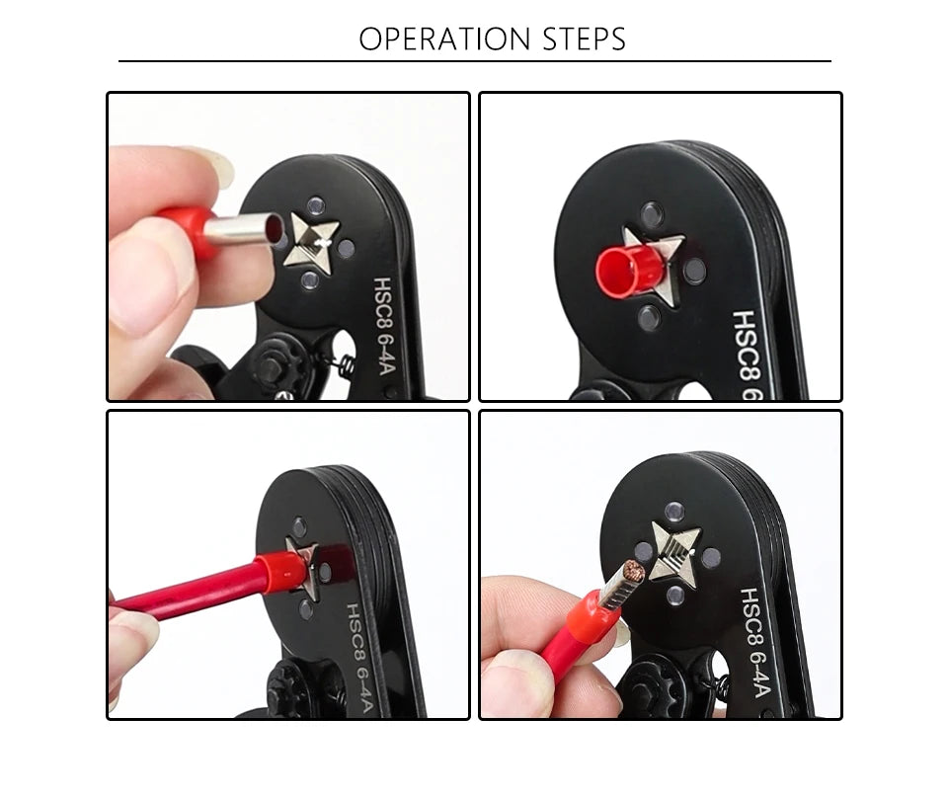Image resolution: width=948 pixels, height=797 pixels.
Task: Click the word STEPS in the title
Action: click(585, 40)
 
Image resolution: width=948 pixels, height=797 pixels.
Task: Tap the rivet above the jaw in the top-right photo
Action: click(652, 213)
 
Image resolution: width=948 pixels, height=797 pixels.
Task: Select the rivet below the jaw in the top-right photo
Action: click(649, 317)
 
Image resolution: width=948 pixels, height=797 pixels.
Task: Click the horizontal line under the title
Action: click(474, 61)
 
